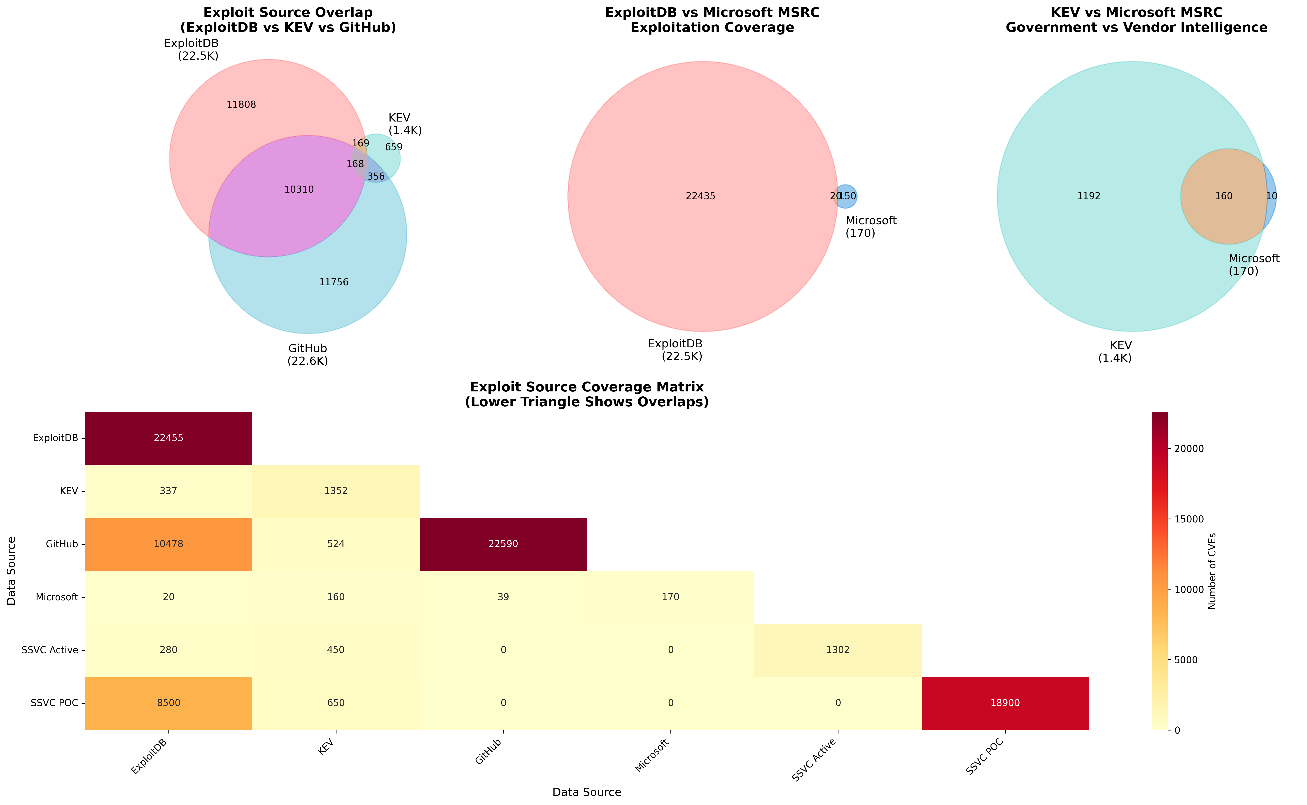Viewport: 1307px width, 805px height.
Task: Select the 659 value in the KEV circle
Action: (x=394, y=147)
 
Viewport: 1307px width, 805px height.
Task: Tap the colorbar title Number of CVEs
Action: (x=1212, y=571)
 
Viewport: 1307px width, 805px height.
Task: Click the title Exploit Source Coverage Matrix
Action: (x=586, y=387)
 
